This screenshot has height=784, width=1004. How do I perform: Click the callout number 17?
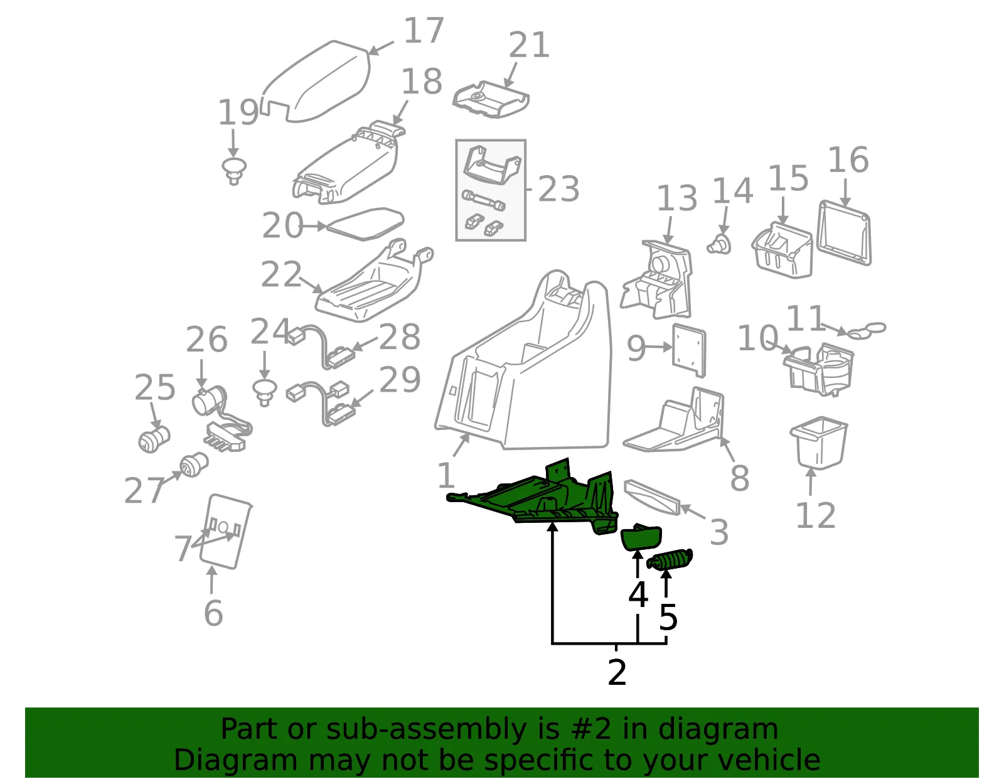[x=424, y=31]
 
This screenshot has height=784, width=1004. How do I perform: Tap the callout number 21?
[x=529, y=45]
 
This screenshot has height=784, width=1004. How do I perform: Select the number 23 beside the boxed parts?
[x=558, y=189]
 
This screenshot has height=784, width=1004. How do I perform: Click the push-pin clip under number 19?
[x=234, y=171]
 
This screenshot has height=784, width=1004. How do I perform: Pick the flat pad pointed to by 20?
[x=365, y=224]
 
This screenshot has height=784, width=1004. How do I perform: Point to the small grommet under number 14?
[x=719, y=244]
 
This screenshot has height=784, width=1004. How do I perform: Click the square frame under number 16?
[x=845, y=233]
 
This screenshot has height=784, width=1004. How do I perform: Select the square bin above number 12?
[x=818, y=443]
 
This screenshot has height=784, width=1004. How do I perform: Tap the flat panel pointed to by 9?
[x=689, y=350]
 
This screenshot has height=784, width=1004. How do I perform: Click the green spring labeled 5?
[x=670, y=560]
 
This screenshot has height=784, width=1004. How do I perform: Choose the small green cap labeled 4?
[x=641, y=538]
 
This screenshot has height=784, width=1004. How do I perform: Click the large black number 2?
[x=617, y=673]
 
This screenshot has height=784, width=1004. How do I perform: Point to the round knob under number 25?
[x=154, y=439]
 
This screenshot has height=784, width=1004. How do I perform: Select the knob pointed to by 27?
[x=194, y=464]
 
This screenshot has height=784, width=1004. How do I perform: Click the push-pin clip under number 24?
[x=265, y=393]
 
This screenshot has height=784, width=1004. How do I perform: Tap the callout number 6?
[x=213, y=613]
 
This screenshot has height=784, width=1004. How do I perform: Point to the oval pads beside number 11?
[x=867, y=330]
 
